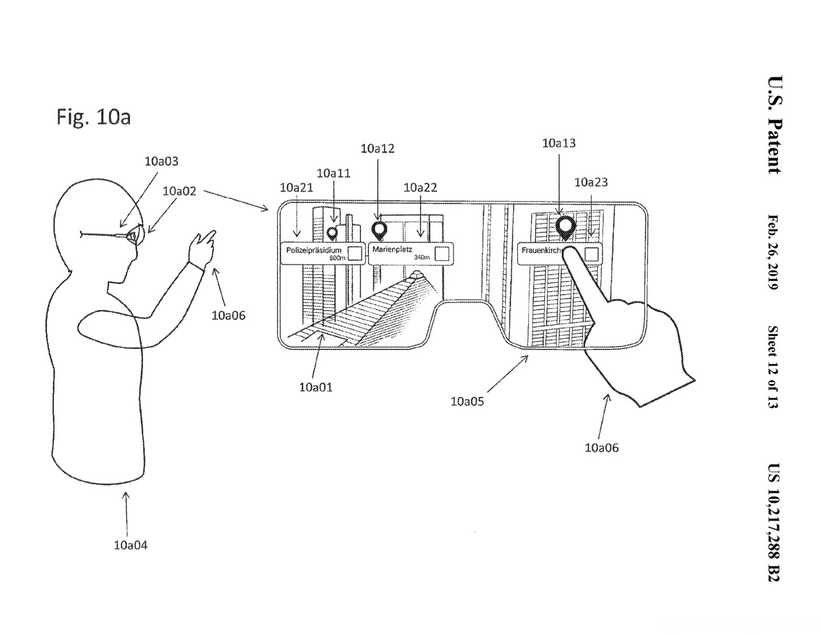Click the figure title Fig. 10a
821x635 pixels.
click(94, 116)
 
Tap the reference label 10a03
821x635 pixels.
click(161, 162)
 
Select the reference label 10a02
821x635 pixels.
click(179, 192)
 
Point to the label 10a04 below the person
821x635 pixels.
click(131, 545)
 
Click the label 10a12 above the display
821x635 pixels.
click(377, 149)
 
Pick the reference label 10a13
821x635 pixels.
click(559, 144)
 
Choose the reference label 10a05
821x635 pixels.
click(467, 401)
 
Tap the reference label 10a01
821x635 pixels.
click(316, 387)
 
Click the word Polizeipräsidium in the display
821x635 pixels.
click(313, 250)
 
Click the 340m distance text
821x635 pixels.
click(422, 257)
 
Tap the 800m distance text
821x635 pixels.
click(337, 258)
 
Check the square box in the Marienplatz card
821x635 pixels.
click(442, 254)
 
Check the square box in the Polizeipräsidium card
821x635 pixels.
click(355, 253)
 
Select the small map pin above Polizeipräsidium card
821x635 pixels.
click(332, 234)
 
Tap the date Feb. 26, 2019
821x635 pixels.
click(773, 252)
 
